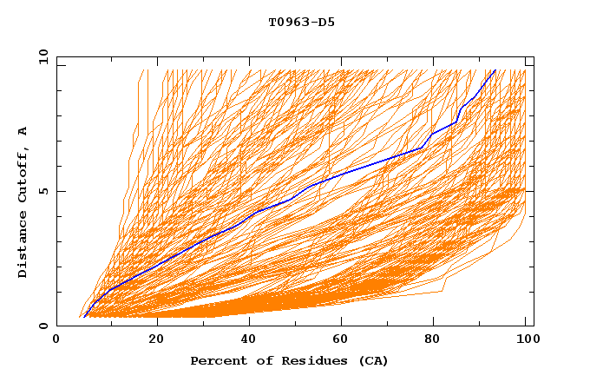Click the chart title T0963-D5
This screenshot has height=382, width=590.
click(x=301, y=22)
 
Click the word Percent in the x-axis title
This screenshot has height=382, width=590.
click(x=214, y=360)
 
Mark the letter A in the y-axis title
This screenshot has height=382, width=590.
click(x=23, y=131)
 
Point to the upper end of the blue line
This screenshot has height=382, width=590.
click(x=495, y=70)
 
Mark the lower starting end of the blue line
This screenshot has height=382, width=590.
click(x=84, y=316)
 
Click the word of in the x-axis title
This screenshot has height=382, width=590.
click(x=259, y=360)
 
